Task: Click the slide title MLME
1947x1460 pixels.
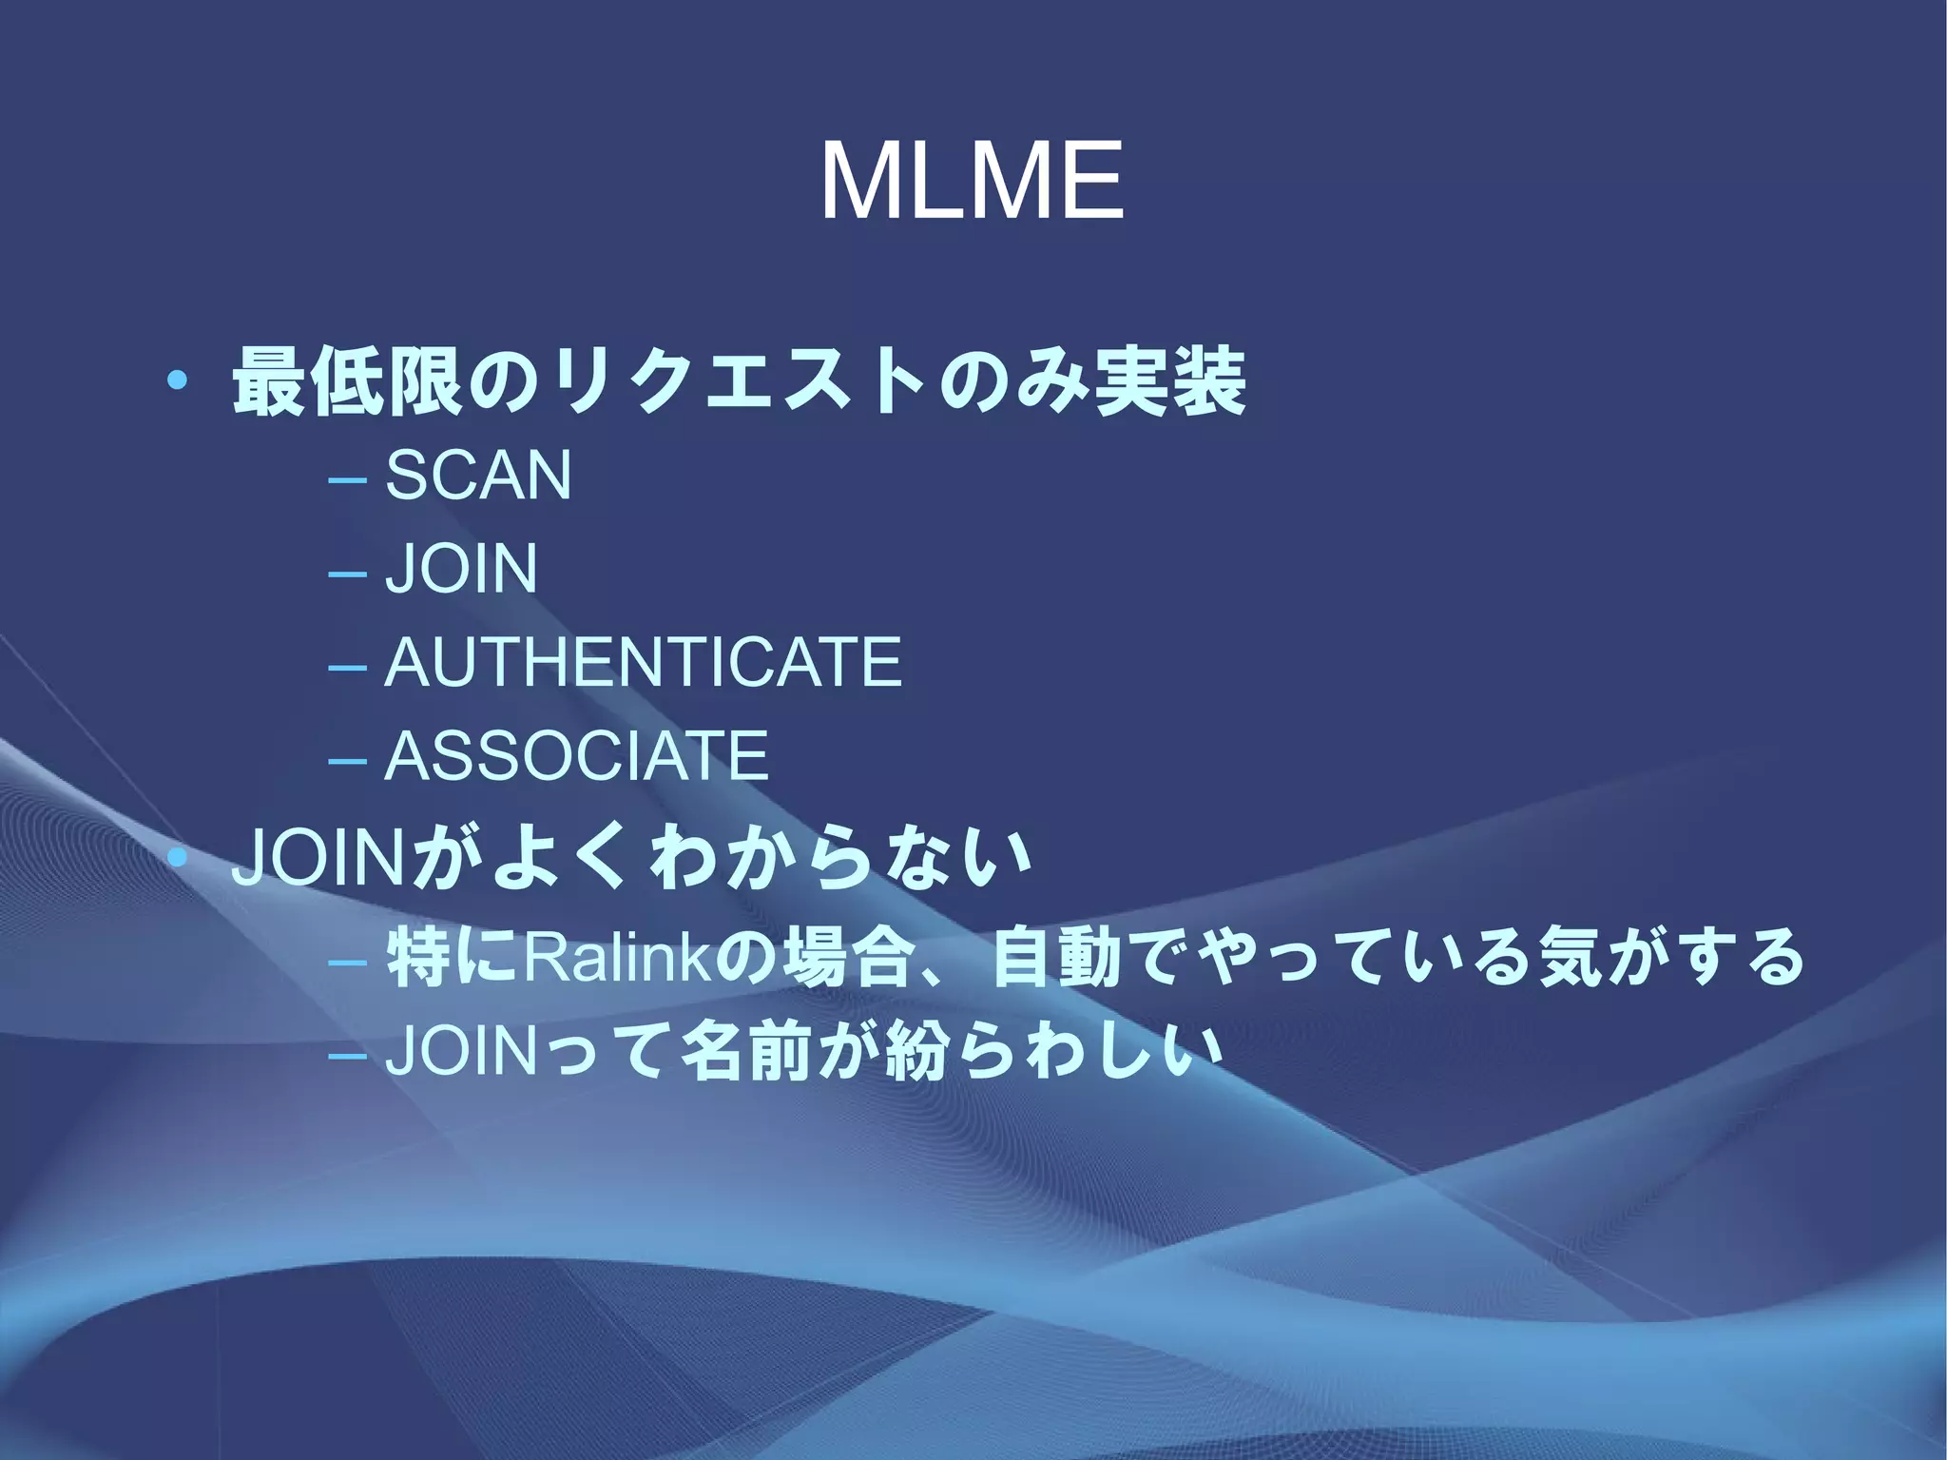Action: [972, 181]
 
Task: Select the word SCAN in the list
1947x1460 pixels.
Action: [478, 475]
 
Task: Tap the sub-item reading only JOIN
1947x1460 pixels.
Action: [461, 568]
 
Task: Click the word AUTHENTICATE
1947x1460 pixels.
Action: [644, 662]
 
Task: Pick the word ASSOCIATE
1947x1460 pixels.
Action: [577, 755]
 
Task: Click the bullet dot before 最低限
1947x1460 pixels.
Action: [178, 382]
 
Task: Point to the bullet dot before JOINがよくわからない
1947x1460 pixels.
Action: [178, 858]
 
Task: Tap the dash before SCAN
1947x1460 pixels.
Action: [346, 478]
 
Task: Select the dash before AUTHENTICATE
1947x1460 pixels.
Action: [346, 666]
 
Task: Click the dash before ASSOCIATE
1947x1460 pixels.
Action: [346, 760]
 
